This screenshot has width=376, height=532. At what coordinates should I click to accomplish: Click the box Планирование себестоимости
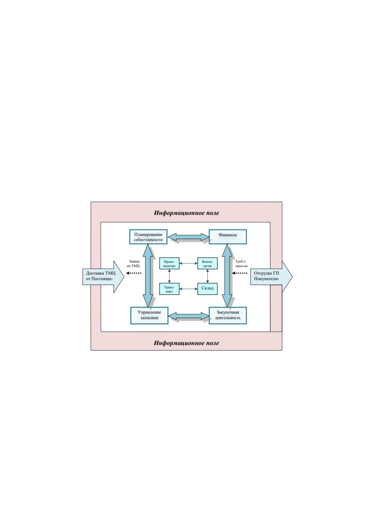click(x=148, y=237)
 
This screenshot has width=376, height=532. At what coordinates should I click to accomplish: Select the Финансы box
click(x=228, y=237)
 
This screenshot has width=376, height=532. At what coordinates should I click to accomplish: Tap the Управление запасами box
click(x=149, y=315)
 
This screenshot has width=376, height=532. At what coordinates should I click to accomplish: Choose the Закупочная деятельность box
click(x=228, y=315)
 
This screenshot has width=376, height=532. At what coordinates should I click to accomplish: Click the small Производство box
click(x=169, y=263)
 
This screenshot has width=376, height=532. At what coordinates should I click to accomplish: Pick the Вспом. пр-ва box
click(x=207, y=263)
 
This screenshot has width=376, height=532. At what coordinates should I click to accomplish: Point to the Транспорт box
click(x=169, y=289)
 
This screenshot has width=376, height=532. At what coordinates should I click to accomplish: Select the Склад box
click(x=207, y=289)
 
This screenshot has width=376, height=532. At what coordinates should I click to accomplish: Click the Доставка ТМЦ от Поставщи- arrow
click(x=103, y=277)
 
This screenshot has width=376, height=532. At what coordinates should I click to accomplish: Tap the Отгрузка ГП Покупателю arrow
click(x=271, y=277)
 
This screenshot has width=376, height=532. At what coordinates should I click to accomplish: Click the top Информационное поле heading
click(x=186, y=213)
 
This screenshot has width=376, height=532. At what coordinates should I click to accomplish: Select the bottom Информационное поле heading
click(x=186, y=343)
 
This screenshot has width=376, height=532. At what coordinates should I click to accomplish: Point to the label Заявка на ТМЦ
click(x=134, y=263)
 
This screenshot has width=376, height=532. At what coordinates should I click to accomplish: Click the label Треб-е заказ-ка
click(x=242, y=263)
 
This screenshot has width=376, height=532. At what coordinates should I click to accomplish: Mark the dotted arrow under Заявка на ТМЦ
click(x=134, y=273)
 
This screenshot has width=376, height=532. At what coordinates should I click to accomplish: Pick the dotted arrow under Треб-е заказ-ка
click(x=240, y=273)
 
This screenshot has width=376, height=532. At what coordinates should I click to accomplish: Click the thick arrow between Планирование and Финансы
click(x=188, y=237)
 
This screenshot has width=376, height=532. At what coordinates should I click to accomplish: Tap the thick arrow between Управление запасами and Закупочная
click(x=188, y=316)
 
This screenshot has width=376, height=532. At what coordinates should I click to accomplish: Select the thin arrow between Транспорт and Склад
click(x=188, y=289)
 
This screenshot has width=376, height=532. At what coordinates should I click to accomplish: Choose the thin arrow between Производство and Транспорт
click(x=169, y=276)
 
